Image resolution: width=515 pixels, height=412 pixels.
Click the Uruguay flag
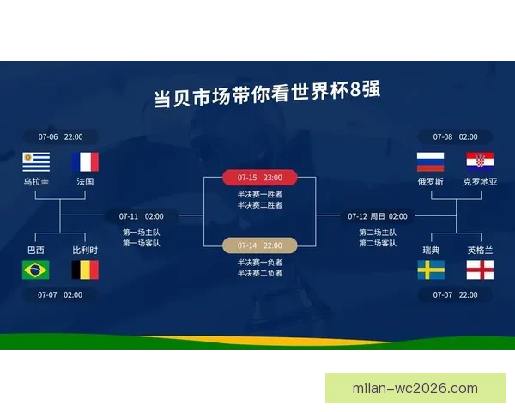(37, 161)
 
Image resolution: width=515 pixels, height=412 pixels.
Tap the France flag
(85, 161)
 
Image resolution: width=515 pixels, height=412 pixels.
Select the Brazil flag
(36, 270)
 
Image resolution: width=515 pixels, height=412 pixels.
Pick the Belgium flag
(85, 270)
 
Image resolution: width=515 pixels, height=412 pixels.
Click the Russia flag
(430, 161)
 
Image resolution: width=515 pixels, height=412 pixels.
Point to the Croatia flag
(479, 161)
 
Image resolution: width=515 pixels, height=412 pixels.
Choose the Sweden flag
(430, 270)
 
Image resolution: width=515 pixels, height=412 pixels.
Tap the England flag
(479, 270)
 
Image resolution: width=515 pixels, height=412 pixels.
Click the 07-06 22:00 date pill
(60, 136)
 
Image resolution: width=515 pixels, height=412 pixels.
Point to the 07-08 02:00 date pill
(455, 136)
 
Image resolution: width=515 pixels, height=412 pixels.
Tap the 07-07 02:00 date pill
(60, 294)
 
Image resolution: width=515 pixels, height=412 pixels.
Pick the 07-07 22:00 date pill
(455, 294)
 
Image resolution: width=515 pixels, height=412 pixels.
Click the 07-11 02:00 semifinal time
(142, 216)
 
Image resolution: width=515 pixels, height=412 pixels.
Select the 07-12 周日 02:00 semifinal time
(378, 216)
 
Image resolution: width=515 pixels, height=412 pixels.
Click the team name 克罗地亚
(479, 182)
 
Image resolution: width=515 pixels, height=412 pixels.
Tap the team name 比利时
(85, 250)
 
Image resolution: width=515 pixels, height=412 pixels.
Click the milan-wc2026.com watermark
(415, 388)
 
